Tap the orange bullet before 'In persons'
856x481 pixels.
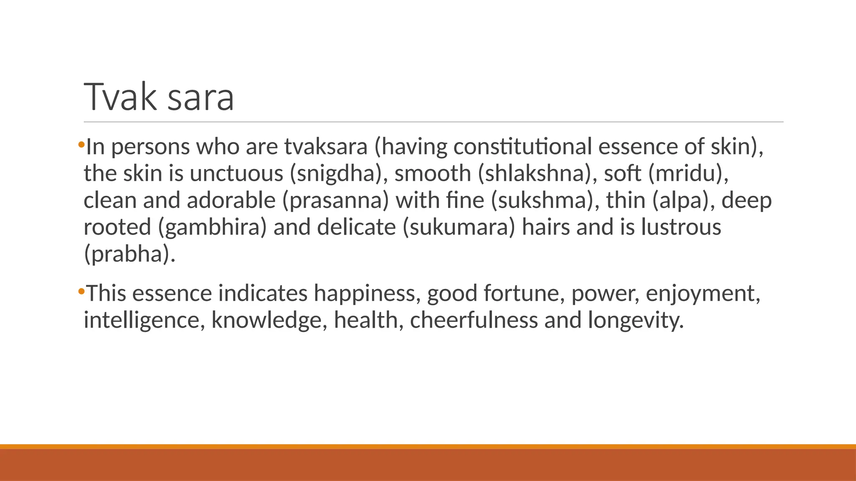point(81,145)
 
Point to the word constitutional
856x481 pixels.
point(522,147)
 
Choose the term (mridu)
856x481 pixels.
point(688,174)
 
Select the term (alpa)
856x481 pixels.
point(683,201)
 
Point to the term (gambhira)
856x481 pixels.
point(212,228)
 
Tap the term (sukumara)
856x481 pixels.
point(459,228)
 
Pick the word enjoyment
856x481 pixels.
point(703,293)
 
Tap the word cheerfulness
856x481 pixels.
point(474,320)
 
